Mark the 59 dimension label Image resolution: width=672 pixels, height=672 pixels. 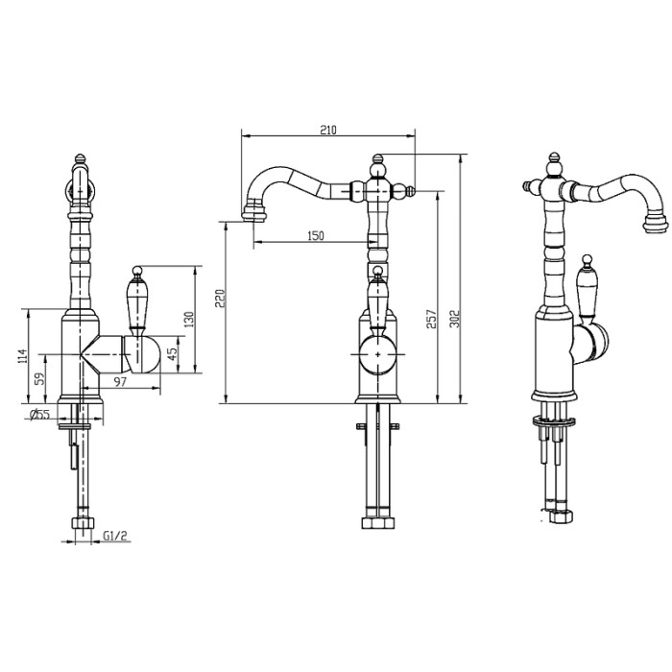pos(38,378)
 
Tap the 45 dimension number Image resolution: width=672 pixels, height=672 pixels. pos(174,353)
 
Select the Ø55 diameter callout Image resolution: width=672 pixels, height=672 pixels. pos(39,414)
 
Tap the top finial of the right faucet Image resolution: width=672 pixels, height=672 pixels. pos(554,158)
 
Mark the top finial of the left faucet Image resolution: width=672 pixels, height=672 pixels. pos(80,157)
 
